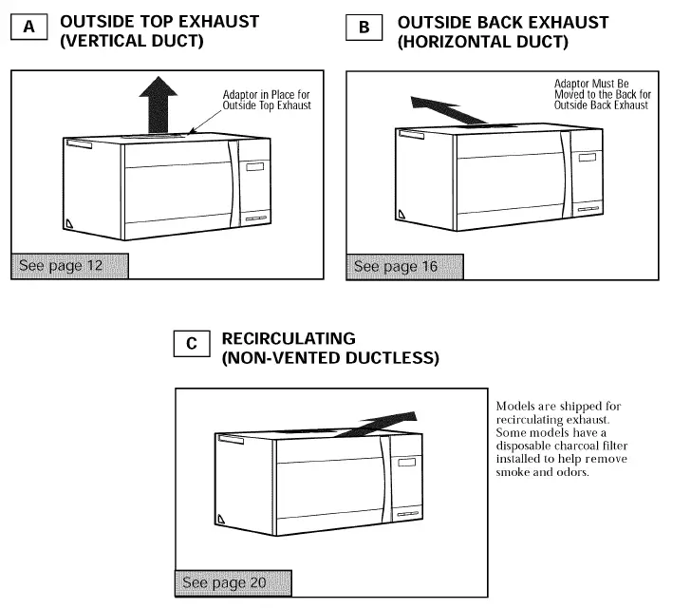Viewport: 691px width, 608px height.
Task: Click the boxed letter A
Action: click(29, 28)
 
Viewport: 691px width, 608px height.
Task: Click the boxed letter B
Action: click(364, 28)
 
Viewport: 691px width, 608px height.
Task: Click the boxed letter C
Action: click(192, 344)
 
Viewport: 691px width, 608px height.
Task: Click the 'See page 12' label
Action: click(61, 265)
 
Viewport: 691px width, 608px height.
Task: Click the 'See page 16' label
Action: click(396, 266)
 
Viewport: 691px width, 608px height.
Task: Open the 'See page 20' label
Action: click(224, 582)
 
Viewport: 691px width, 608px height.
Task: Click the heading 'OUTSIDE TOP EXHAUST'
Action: click(159, 21)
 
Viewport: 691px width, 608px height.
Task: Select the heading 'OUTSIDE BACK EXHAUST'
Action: click(503, 22)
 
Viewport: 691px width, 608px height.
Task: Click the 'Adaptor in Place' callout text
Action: click(266, 100)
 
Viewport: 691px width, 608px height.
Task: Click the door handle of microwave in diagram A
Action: click(231, 184)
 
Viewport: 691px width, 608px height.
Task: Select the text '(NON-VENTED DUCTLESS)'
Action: click(329, 358)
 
